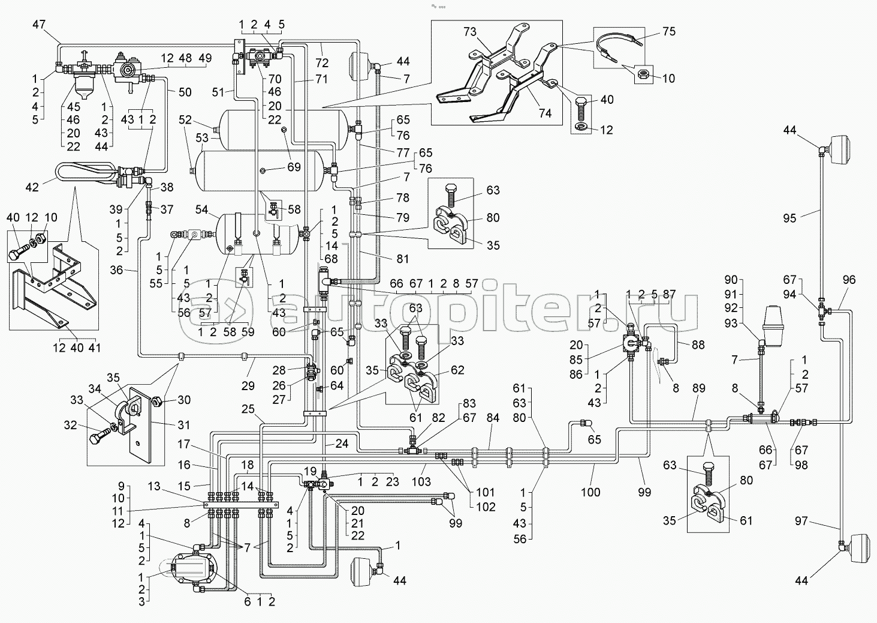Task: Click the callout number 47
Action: pos(38,25)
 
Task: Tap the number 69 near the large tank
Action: pos(293,167)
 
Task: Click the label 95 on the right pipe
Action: pos(789,218)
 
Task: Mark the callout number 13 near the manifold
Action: pos(155,487)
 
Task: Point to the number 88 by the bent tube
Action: pos(697,345)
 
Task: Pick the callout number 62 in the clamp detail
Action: pos(457,370)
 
